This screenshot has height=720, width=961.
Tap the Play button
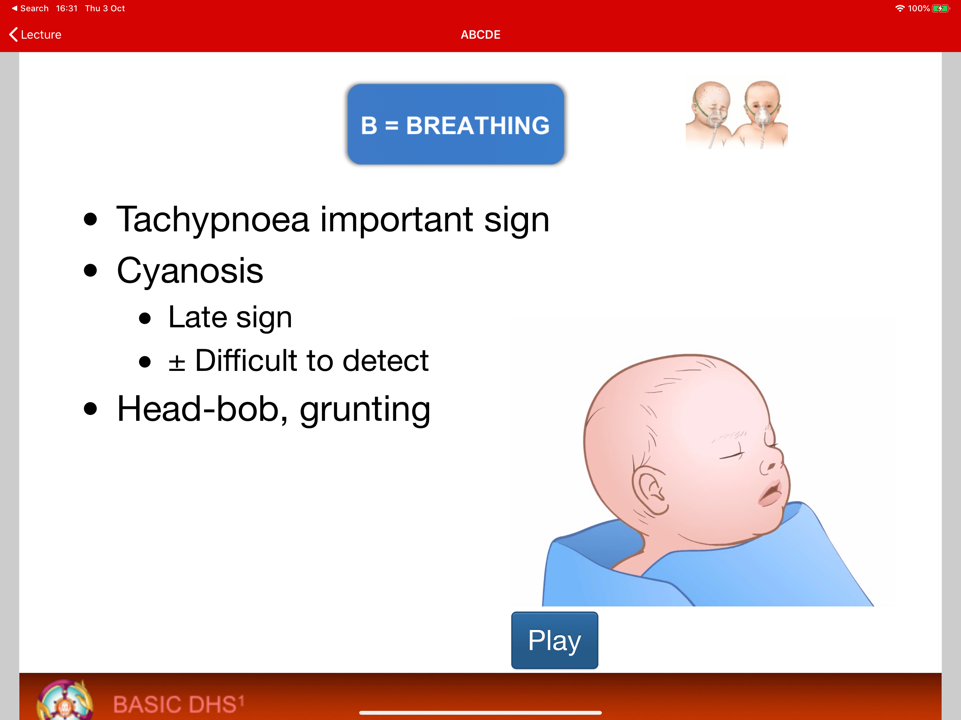coord(554,640)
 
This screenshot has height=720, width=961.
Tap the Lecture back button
coord(35,34)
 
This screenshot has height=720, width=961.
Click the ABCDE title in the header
coord(480,35)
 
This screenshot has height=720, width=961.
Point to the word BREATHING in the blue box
coord(477,126)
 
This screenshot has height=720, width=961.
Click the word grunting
coord(365,410)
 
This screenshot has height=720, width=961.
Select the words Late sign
coord(230,317)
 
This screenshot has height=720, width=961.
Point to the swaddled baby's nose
coord(772,460)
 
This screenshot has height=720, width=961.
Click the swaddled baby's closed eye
coord(732,454)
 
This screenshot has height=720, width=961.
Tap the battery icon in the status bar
coord(941,8)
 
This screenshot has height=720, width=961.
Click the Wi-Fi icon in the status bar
coord(900,8)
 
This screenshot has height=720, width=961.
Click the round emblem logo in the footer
coord(65,700)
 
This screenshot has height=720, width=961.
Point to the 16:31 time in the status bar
coord(66,8)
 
